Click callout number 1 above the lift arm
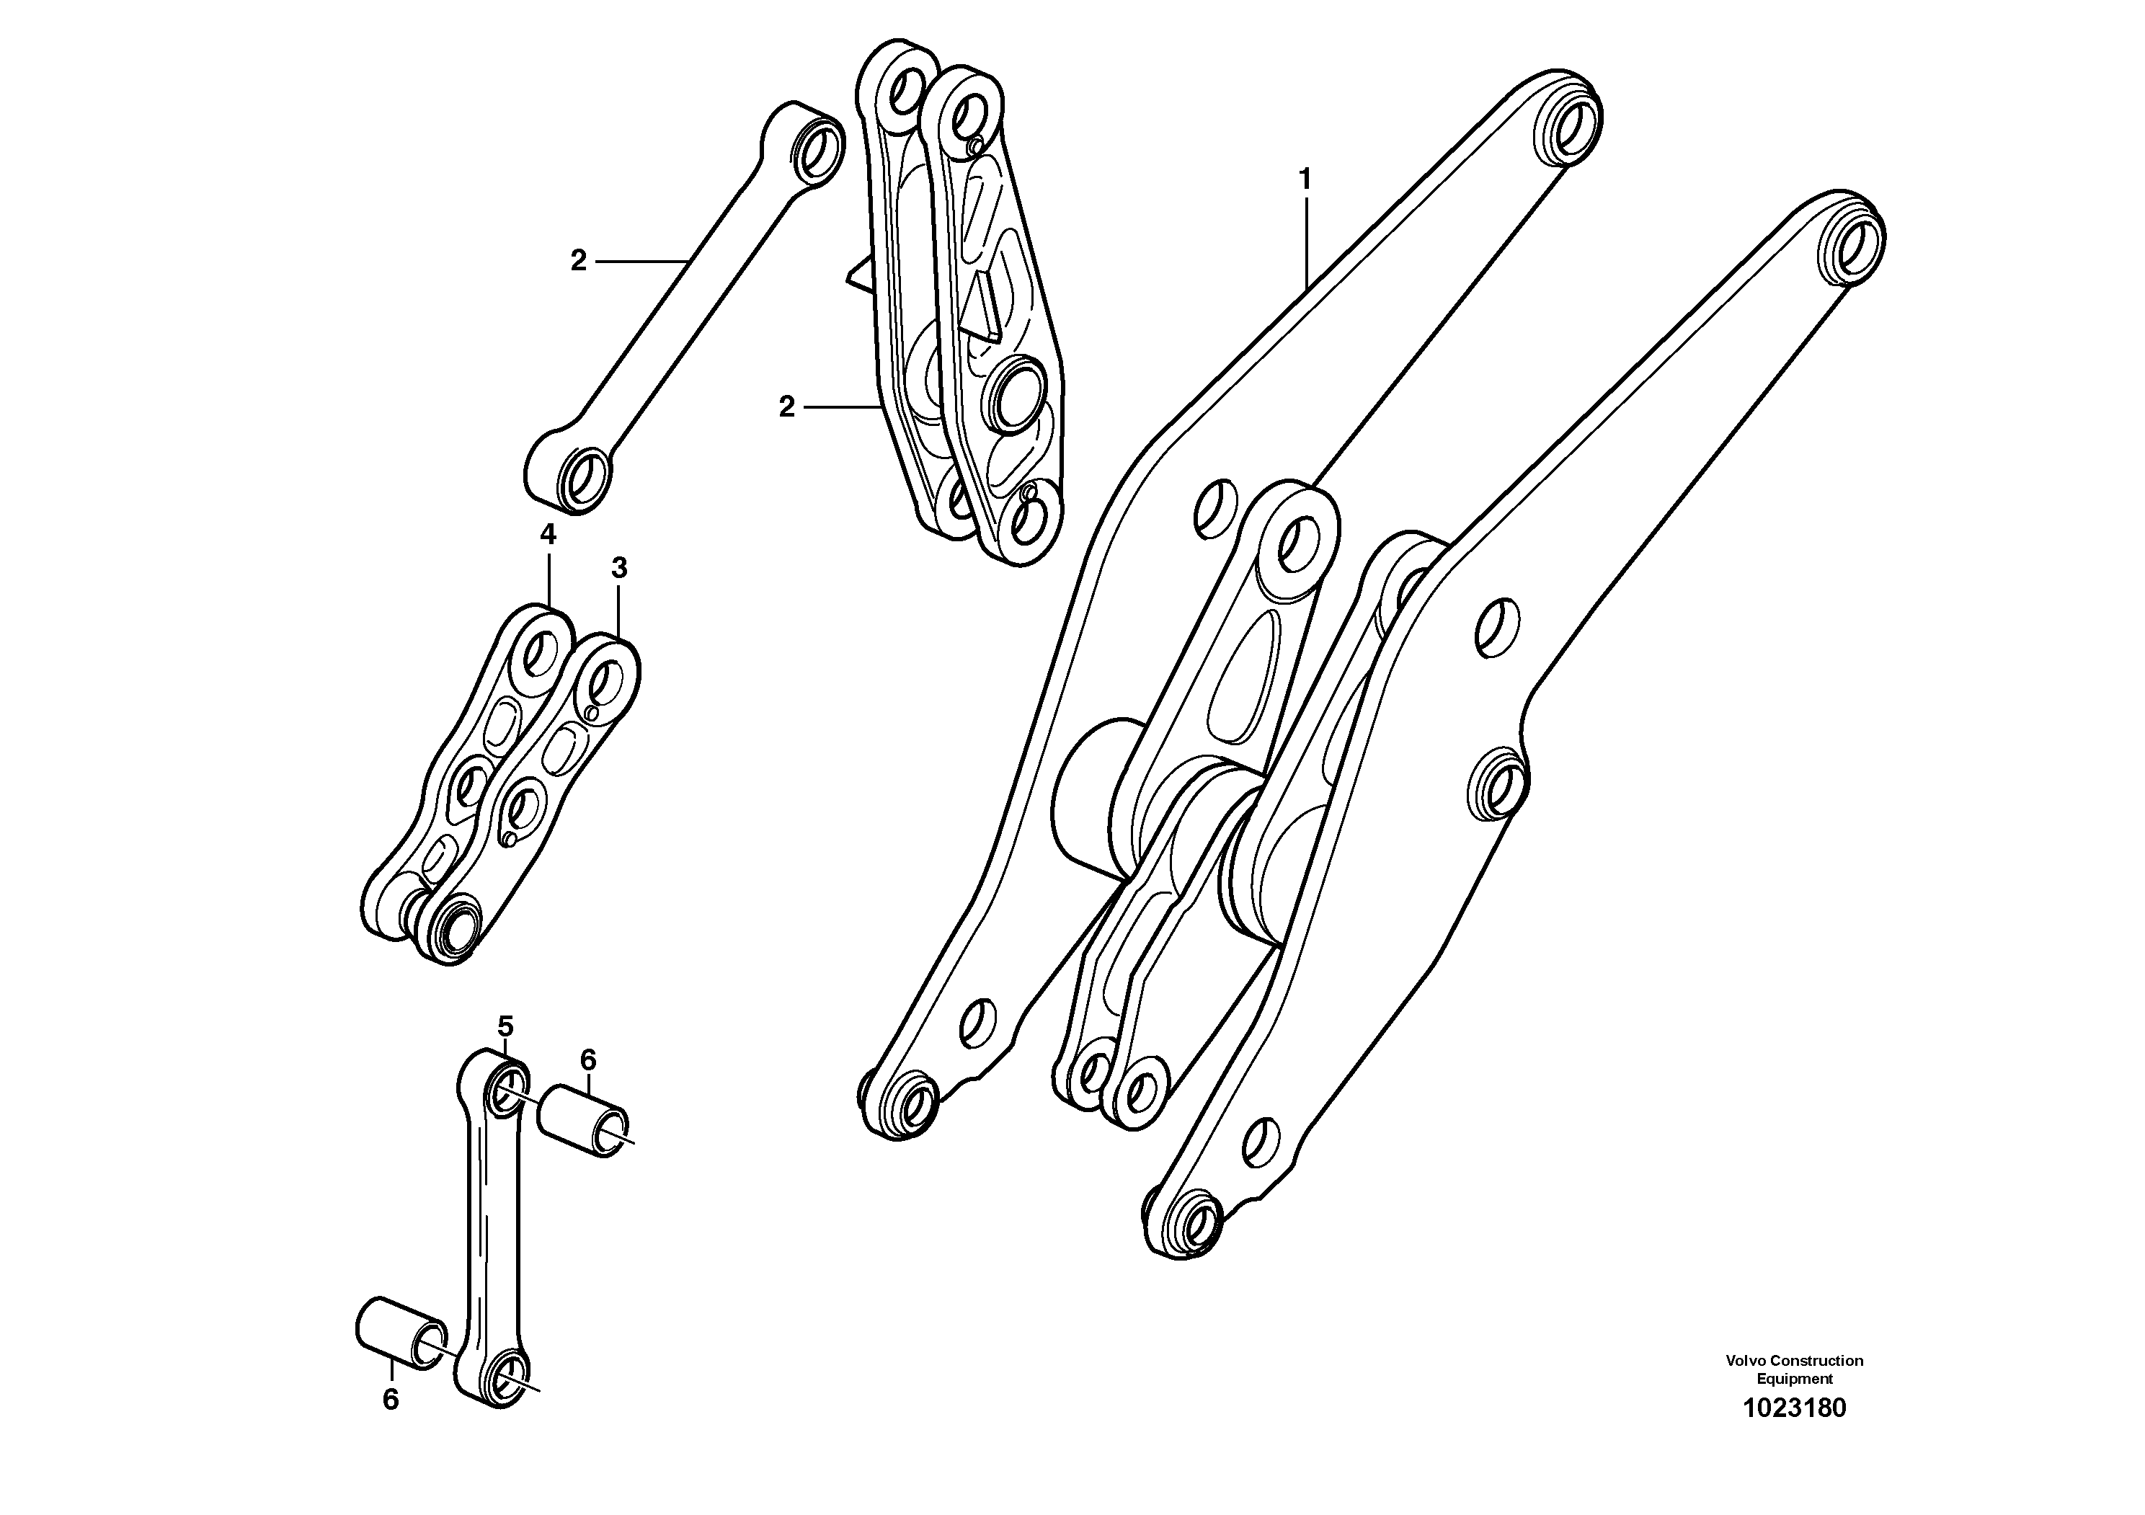click(x=1305, y=179)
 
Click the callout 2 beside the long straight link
click(x=578, y=262)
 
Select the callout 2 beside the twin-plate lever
click(x=786, y=407)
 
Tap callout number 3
click(x=618, y=568)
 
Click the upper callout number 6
click(x=587, y=1059)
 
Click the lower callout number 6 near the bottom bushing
click(x=391, y=1399)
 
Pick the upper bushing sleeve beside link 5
click(x=586, y=1121)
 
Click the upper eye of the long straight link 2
click(x=817, y=148)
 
